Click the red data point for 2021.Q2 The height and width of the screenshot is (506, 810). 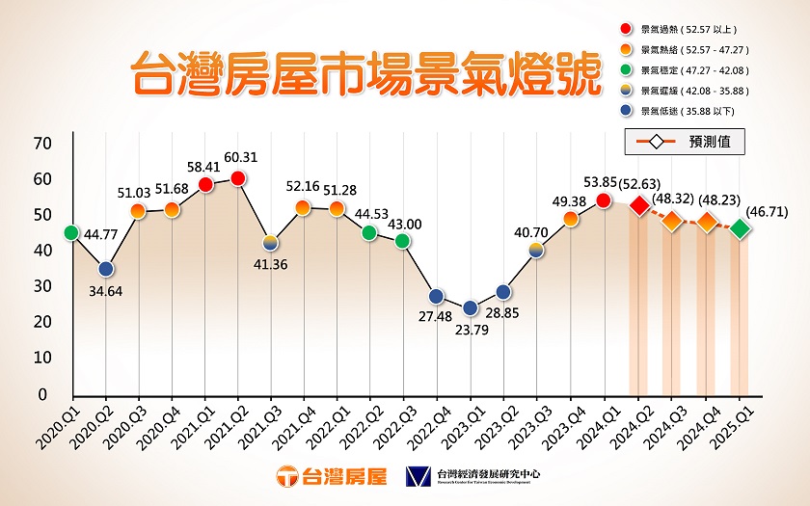tap(238, 178)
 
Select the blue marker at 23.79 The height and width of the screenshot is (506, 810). tap(471, 308)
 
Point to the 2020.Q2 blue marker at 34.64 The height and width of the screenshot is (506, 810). tap(106, 269)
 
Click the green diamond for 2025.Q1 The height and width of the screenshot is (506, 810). tap(740, 228)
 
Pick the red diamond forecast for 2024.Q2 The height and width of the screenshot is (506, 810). tap(638, 206)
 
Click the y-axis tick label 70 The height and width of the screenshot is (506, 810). tap(40, 144)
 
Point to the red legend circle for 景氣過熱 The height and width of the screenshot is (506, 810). tap(629, 29)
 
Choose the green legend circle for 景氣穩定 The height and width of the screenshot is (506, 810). tap(629, 70)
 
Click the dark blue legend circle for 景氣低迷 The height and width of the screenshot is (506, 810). tap(629, 112)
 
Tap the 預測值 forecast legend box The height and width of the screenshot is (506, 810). tap(682, 142)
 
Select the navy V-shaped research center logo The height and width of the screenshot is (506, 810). tap(417, 476)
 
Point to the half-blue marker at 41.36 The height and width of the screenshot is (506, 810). tap(271, 243)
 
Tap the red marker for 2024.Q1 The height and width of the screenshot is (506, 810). tap(604, 200)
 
